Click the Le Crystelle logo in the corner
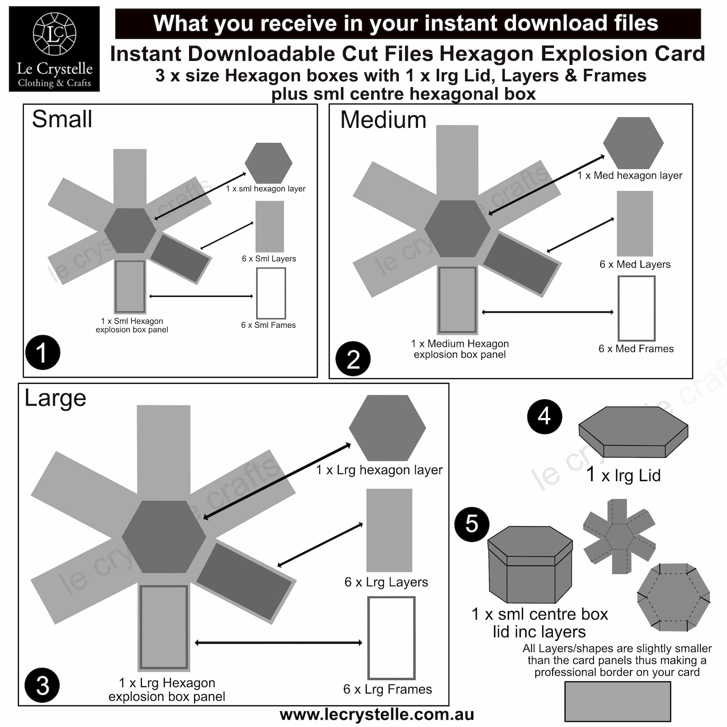pos(54,49)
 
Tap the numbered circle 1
pos(43,353)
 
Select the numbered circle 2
pos(353,359)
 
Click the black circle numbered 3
pos(42,685)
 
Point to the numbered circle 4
pos(544,416)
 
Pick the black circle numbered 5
pos(472,524)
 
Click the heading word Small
pos(62,119)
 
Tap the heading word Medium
pos(383,120)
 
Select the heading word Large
pos(55,398)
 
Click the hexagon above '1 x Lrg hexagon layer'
pos(387,428)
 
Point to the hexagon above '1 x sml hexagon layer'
pos(268,163)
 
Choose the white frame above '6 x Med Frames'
pos(636,308)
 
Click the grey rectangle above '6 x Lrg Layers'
pos(389,530)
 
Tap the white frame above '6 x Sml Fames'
pos(271,293)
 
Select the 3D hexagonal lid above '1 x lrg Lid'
pos(633,432)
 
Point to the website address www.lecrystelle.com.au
pos(376,715)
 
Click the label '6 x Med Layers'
pos(635,264)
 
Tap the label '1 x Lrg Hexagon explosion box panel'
pos(167,689)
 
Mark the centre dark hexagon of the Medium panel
pos(457,228)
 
